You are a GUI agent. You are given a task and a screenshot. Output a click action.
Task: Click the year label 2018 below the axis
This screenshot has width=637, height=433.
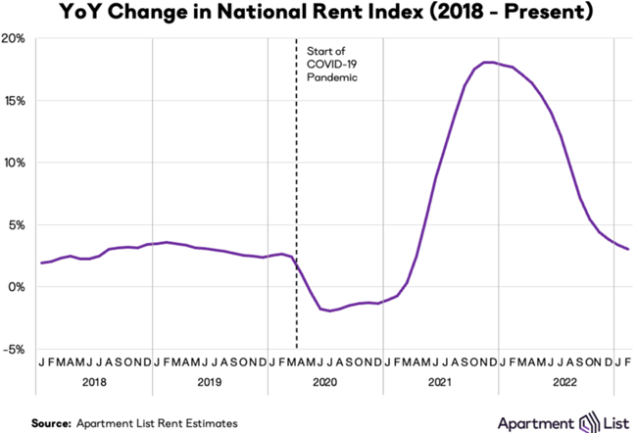(96, 384)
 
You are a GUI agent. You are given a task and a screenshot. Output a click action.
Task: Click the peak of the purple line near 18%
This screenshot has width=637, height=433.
(488, 63)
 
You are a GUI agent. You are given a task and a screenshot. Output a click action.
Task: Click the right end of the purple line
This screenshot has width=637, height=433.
(627, 249)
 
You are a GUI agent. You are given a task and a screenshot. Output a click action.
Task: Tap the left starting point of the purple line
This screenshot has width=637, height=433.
(41, 263)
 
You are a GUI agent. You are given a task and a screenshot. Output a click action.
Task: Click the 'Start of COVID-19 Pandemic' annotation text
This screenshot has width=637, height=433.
(330, 62)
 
